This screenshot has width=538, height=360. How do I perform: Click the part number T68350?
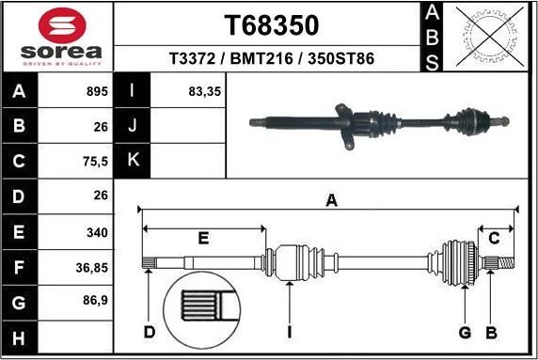point(271,24)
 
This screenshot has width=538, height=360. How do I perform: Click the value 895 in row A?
point(97,92)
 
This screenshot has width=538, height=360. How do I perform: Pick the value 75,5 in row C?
point(95,162)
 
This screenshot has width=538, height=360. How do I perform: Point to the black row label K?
point(133,161)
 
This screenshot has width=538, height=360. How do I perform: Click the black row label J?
point(133,126)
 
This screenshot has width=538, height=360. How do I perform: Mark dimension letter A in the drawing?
point(330,200)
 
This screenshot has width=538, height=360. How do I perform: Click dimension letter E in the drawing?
point(202,239)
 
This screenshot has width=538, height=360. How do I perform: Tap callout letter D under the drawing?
point(149,332)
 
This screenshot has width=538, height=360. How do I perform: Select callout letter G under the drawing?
point(465,332)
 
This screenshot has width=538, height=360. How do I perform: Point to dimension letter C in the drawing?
point(493,239)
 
